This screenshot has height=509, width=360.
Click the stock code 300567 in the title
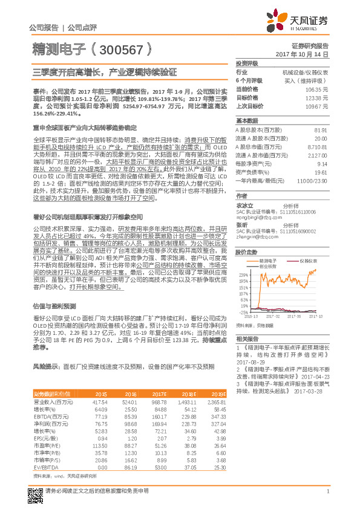(x=119, y=50)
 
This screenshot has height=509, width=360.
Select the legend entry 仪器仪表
(x=309, y=259)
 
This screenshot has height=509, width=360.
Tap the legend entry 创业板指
(x=269, y=265)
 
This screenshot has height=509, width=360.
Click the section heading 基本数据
(x=246, y=120)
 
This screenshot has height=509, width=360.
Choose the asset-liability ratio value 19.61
(x=321, y=172)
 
